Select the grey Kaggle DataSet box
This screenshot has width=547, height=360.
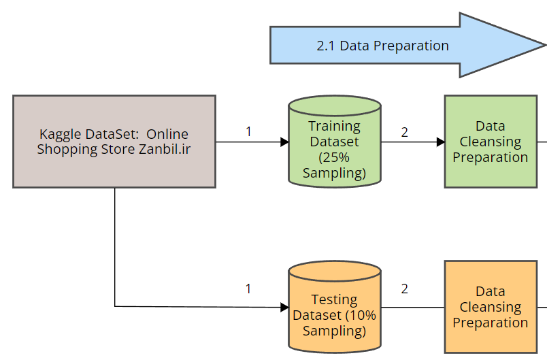pyautogui.click(x=114, y=142)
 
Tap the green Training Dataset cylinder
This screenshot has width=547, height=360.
pyautogui.click(x=335, y=142)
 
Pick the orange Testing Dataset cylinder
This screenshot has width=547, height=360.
pyautogui.click(x=335, y=307)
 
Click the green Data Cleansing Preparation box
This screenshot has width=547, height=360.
pyautogui.click(x=491, y=142)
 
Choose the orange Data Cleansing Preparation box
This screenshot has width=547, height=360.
pyautogui.click(x=491, y=307)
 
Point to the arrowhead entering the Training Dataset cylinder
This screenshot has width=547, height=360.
pyautogui.click(x=284, y=142)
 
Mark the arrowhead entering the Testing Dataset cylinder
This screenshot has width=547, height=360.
pyautogui.click(x=284, y=308)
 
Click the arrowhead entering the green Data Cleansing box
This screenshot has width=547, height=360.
pyautogui.click(x=441, y=142)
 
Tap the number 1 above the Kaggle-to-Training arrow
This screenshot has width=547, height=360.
pyautogui.click(x=248, y=132)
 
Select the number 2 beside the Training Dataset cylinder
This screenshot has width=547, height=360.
pyautogui.click(x=404, y=132)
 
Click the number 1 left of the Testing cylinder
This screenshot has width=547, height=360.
pyautogui.click(x=248, y=289)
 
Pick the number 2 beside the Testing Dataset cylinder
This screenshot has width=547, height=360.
pyautogui.click(x=404, y=289)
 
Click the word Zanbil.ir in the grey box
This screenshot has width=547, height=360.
pyautogui.click(x=165, y=149)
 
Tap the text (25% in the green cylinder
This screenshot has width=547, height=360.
pyautogui.click(x=334, y=157)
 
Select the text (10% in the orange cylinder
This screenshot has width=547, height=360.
pyautogui.click(x=361, y=315)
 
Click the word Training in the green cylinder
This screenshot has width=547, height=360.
pyautogui.click(x=334, y=127)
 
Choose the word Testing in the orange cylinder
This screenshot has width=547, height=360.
pyautogui.click(x=334, y=300)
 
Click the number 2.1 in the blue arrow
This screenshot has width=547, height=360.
pyautogui.click(x=325, y=46)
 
